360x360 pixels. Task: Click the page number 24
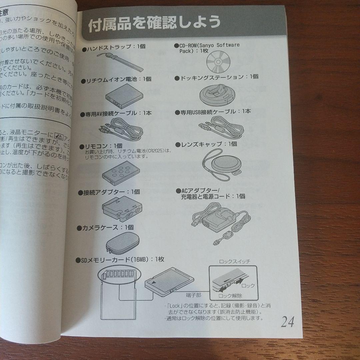(x=287, y=322)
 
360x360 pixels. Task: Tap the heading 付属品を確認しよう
(x=154, y=23)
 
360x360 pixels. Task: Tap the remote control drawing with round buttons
(x=119, y=171)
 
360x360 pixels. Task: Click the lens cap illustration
(x=220, y=164)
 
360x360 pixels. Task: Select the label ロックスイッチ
(x=234, y=262)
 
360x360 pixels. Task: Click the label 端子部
(x=194, y=295)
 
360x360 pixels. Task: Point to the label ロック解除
(x=230, y=296)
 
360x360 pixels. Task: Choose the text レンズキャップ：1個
(x=209, y=144)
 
